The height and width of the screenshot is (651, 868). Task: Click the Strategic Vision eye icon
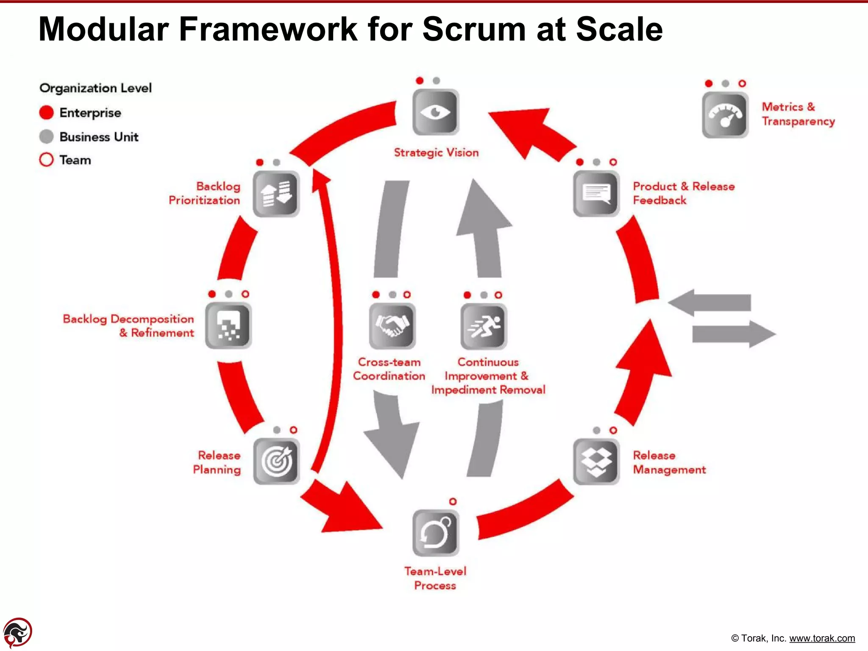(435, 112)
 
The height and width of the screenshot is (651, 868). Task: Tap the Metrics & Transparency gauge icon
(725, 115)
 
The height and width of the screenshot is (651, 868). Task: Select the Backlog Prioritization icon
(276, 194)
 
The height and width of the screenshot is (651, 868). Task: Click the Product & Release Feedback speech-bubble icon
(596, 194)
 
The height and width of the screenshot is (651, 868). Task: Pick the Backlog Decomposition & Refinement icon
(228, 325)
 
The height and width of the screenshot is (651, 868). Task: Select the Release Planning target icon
(276, 461)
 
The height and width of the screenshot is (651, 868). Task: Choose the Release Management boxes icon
(596, 461)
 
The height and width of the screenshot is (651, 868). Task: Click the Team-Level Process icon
(435, 533)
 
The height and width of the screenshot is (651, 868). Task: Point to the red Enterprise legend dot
(46, 112)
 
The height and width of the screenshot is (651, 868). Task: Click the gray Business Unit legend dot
(46, 136)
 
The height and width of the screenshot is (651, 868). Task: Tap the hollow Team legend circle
(46, 160)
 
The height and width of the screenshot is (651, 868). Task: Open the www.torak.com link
(822, 638)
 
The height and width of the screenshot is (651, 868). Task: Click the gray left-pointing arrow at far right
(710, 303)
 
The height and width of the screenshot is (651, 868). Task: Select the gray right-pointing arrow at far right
(733, 334)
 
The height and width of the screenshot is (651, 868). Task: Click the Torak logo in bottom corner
(17, 632)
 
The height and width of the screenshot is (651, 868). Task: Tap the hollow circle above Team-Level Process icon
(453, 501)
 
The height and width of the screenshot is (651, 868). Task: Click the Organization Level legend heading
(95, 88)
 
